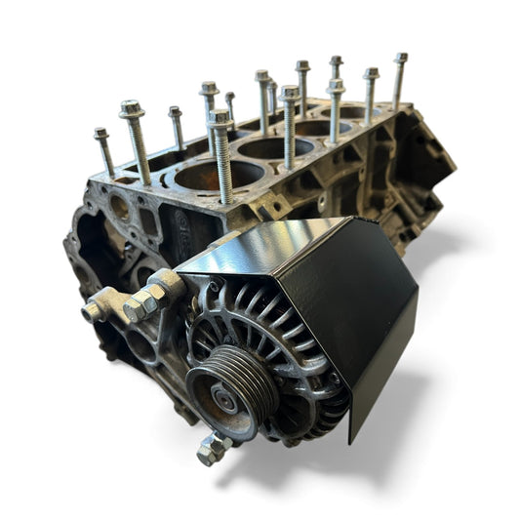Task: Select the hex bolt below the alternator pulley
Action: (x=212, y=448)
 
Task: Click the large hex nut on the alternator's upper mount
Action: (x=142, y=303)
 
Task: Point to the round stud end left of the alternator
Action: (x=92, y=311)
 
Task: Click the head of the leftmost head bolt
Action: (x=101, y=134)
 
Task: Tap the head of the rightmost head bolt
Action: (x=401, y=59)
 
